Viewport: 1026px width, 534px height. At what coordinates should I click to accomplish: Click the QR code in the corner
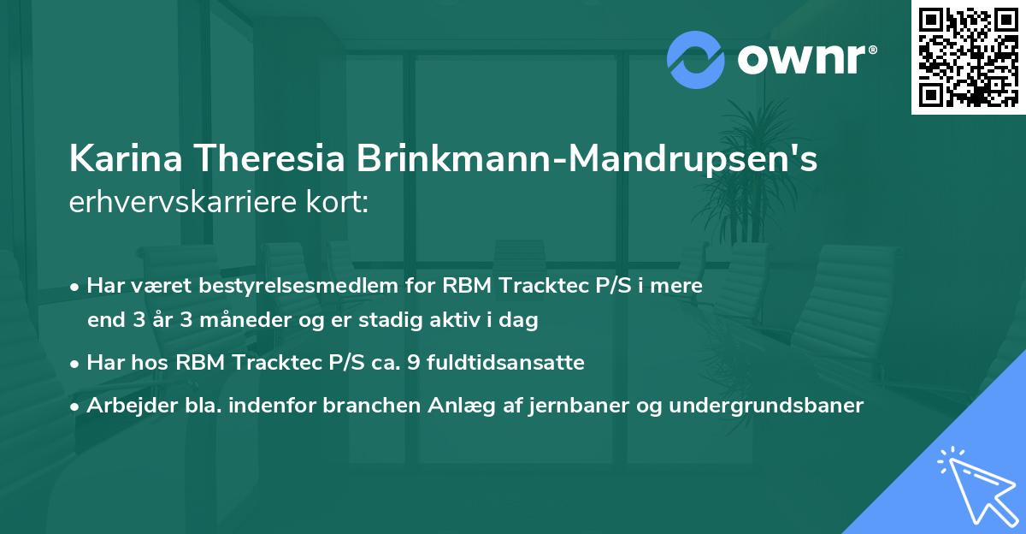968,56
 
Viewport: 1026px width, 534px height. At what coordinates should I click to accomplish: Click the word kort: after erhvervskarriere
339,204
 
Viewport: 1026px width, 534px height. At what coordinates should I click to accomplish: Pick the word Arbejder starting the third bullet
127,405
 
